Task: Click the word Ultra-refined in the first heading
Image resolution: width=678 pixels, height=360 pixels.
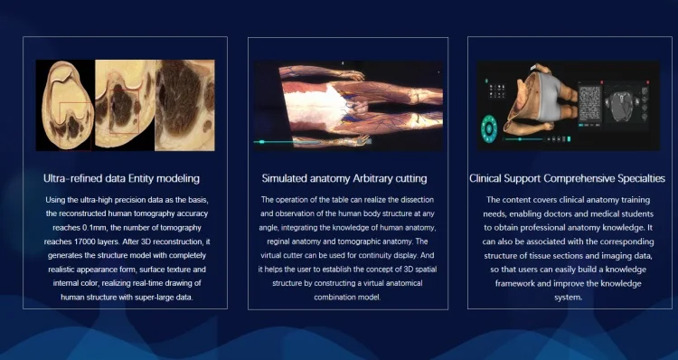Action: (x=75, y=178)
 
